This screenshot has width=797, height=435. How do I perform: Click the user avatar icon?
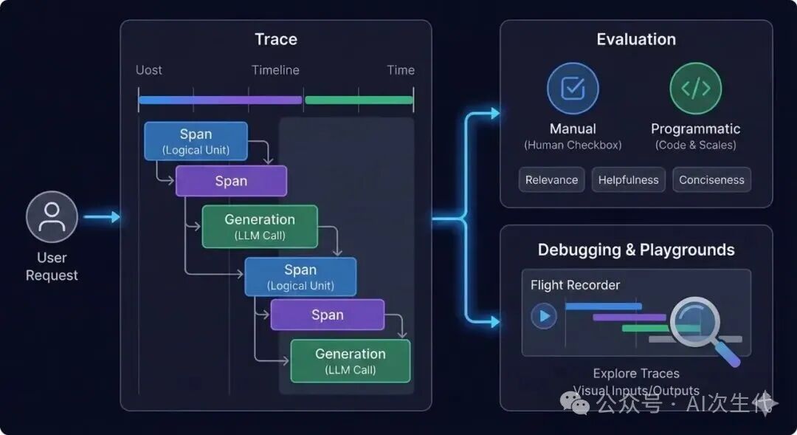click(x=52, y=217)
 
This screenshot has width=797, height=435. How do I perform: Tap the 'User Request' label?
click(x=52, y=267)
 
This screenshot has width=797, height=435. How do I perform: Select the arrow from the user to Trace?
click(x=101, y=217)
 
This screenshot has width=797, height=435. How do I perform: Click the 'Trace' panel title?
click(x=276, y=39)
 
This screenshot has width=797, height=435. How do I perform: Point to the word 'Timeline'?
click(x=275, y=70)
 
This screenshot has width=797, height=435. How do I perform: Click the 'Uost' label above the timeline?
click(x=149, y=70)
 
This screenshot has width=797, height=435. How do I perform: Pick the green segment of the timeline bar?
click(x=359, y=100)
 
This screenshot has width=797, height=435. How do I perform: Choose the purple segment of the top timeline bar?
click(x=251, y=100)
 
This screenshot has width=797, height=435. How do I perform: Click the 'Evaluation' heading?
click(x=636, y=39)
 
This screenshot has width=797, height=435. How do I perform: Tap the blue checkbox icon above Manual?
click(x=573, y=89)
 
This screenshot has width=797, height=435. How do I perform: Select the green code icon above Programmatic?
click(x=695, y=89)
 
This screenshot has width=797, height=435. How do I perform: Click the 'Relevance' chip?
click(x=552, y=179)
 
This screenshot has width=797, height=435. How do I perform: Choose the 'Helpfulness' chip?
click(x=629, y=179)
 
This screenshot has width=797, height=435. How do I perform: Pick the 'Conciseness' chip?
click(x=711, y=179)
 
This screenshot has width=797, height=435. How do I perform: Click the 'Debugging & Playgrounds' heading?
click(x=636, y=250)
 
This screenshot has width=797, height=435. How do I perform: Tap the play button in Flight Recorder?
click(x=545, y=317)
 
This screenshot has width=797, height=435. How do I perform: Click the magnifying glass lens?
click(x=694, y=321)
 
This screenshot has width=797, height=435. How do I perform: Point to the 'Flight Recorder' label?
click(x=576, y=285)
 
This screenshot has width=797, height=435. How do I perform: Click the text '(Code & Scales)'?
click(x=696, y=145)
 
